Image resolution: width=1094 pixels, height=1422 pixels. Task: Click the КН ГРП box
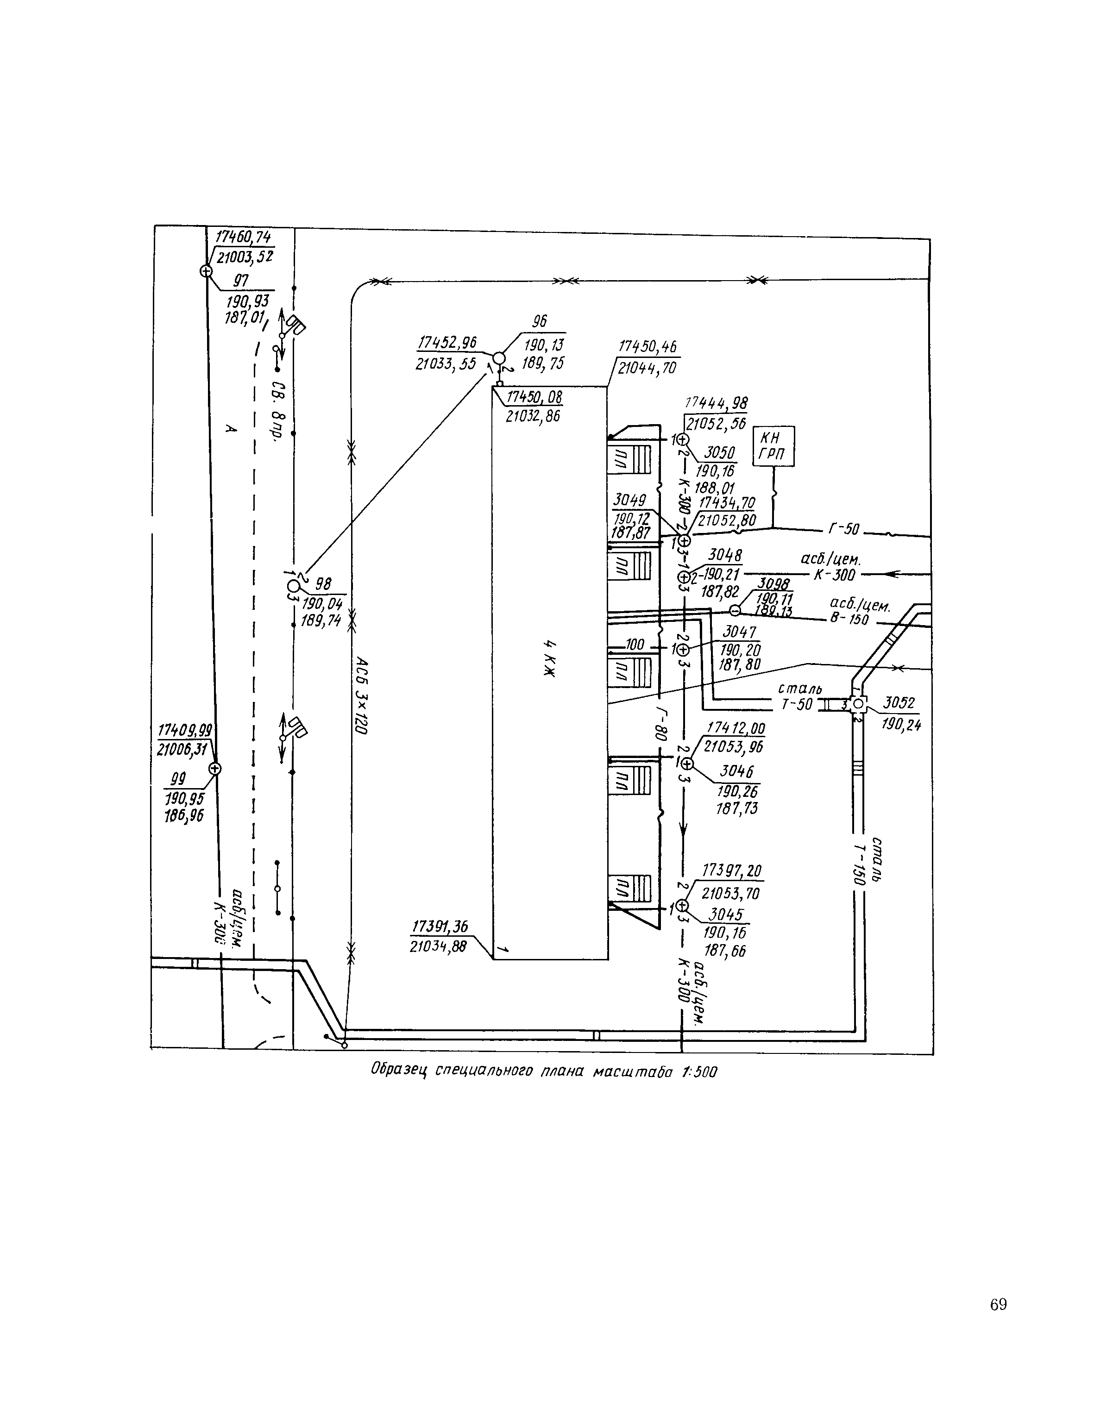[773, 446]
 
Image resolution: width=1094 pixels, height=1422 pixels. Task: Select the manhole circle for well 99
[214, 769]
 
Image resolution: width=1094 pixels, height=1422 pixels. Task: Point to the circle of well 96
[498, 358]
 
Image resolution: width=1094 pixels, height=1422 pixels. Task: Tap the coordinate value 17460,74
[243, 237]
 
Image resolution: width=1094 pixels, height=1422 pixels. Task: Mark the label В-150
[849, 619]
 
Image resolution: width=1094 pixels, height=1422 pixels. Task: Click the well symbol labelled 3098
[735, 610]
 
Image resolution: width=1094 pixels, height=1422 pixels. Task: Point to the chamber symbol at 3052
[858, 704]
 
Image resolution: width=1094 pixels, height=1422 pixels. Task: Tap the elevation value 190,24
[901, 725]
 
